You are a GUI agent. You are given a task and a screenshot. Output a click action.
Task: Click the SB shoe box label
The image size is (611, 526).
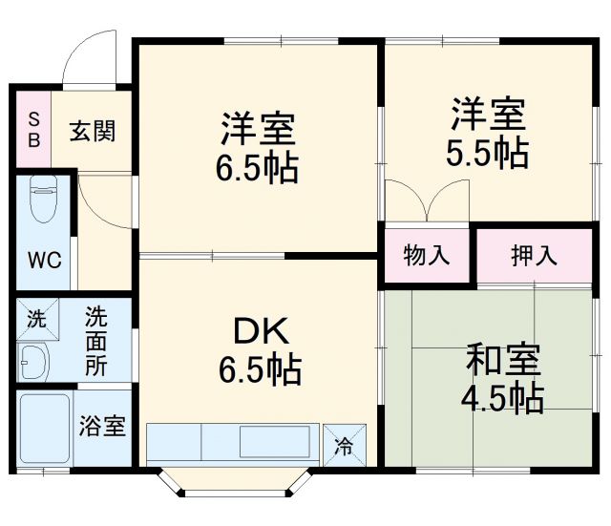point(32,129)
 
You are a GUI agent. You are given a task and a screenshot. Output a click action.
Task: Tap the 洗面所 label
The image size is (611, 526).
point(95,341)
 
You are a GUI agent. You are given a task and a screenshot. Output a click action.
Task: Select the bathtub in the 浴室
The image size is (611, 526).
point(44,428)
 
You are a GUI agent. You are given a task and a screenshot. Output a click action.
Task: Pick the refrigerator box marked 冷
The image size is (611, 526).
point(342,444)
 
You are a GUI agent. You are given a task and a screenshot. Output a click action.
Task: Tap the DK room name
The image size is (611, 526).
point(257,331)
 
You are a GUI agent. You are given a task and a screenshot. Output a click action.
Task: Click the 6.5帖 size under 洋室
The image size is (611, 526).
point(256,168)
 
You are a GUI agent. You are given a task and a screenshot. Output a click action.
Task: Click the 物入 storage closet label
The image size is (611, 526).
point(427,255)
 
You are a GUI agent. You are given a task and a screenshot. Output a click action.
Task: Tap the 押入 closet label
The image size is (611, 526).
point(534,255)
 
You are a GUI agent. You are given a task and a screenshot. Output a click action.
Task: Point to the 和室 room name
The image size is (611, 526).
point(504,362)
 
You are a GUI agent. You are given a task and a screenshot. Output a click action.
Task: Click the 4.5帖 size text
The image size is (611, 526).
point(504,398)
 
